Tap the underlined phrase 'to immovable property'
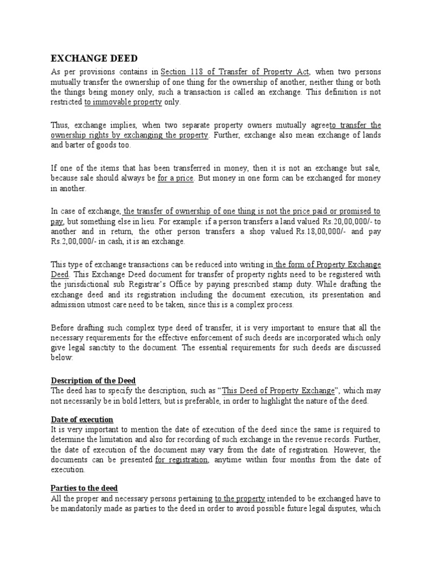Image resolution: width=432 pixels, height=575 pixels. [123, 103]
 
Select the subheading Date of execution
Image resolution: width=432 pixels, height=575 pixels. [82, 419]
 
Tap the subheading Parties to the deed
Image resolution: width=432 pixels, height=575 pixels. [84, 488]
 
